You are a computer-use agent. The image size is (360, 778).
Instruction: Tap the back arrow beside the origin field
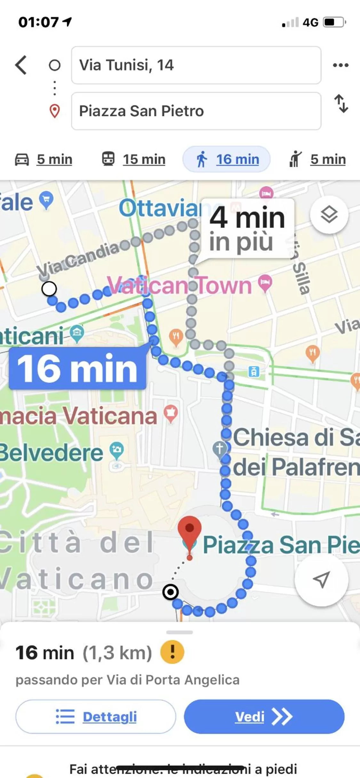21,65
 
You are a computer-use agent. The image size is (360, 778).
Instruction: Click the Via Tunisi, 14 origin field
196,65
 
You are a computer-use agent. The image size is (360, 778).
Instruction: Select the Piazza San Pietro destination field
196,111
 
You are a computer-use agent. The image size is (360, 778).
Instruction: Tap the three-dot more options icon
340,65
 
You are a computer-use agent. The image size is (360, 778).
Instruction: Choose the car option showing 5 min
44,159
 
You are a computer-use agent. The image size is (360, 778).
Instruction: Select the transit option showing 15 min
133,159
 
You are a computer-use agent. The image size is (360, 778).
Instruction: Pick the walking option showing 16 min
227,159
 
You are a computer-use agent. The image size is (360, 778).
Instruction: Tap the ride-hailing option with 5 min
317,159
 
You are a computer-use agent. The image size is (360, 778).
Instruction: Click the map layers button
329,214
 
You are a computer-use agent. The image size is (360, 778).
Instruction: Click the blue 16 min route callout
77,368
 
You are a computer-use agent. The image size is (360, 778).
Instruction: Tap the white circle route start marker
49,289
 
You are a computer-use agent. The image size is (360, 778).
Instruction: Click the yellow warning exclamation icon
172,652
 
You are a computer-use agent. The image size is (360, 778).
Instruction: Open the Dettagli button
96,716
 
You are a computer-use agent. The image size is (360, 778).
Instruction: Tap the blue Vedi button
264,716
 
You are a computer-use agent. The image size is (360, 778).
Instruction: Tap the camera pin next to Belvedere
116,450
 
